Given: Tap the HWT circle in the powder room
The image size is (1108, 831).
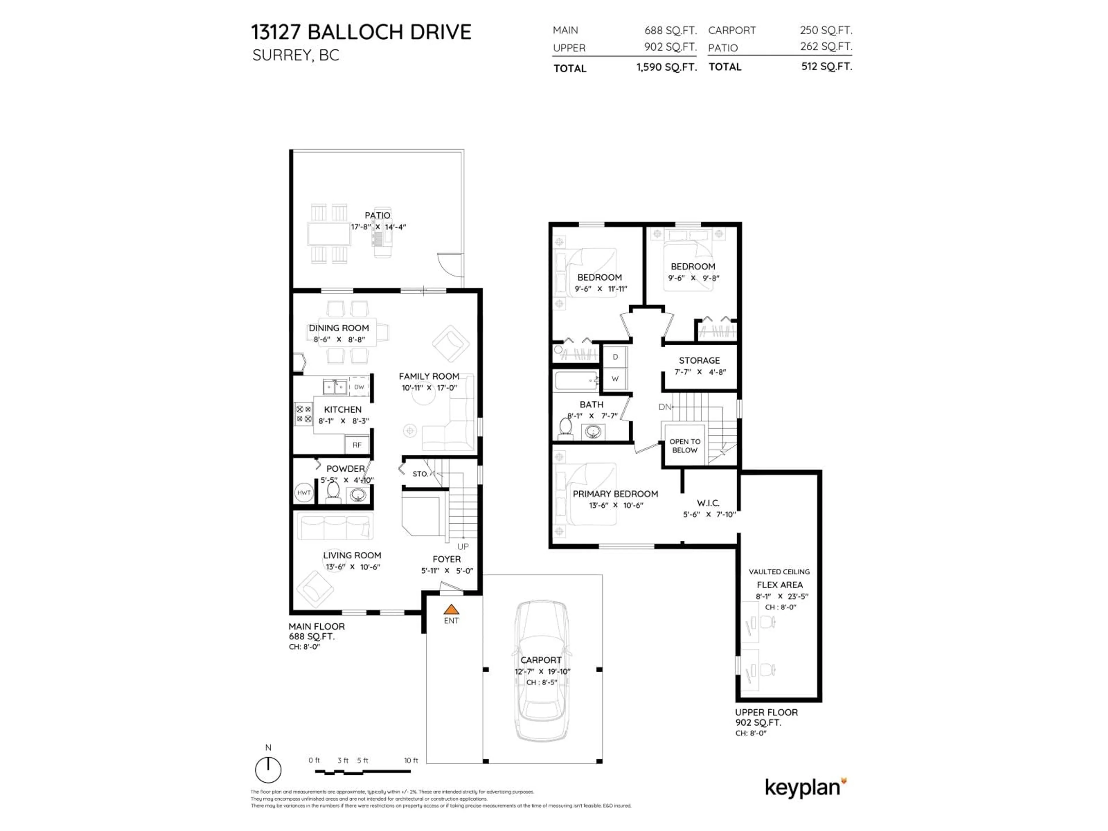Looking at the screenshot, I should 304,493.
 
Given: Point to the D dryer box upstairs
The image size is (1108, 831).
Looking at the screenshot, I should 615,357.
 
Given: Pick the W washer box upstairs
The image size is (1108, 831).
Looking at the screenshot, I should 615,379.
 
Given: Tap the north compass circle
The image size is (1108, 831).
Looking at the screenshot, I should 268,770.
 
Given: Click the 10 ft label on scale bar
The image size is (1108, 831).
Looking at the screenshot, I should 411,760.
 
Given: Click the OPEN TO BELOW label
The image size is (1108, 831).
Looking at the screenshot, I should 685,446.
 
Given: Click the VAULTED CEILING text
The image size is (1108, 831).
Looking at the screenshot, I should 779,572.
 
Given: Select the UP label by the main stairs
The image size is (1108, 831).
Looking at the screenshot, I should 463,546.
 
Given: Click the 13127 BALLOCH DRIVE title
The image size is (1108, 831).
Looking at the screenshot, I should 361,32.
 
